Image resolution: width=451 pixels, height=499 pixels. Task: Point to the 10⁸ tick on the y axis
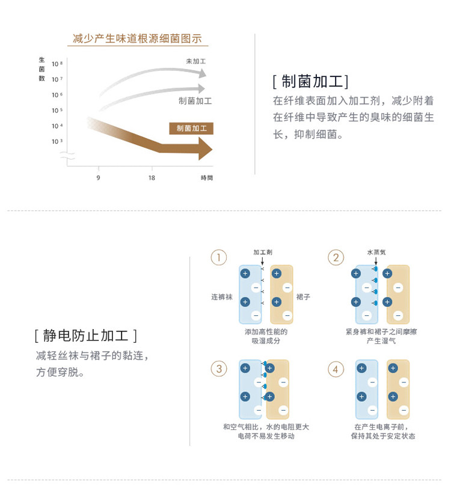tap(57, 64)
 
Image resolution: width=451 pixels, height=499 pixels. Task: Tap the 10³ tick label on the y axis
tap(57, 142)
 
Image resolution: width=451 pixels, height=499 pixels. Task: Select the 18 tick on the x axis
tap(152, 178)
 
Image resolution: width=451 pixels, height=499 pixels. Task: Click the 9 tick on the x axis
tap(98, 178)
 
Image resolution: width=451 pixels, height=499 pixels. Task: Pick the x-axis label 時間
tap(207, 178)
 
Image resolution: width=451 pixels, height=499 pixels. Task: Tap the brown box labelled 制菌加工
tap(191, 129)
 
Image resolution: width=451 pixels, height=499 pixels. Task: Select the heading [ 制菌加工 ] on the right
tap(310, 82)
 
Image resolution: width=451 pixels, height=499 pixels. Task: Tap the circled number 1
tap(218, 258)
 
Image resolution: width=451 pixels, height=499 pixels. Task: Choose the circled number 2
tap(336, 258)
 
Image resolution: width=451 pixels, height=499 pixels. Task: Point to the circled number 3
tap(218, 369)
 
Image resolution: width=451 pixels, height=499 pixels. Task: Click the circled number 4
tap(336, 369)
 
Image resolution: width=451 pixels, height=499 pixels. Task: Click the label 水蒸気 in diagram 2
tap(376, 252)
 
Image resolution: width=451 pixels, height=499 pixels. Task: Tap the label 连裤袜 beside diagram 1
tap(221, 297)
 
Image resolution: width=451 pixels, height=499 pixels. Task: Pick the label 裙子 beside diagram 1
tap(303, 297)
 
